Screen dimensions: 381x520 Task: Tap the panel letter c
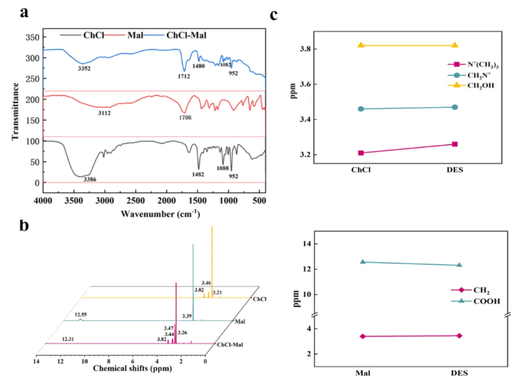[x=274, y=13]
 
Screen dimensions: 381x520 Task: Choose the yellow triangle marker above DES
[x=454, y=45]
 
